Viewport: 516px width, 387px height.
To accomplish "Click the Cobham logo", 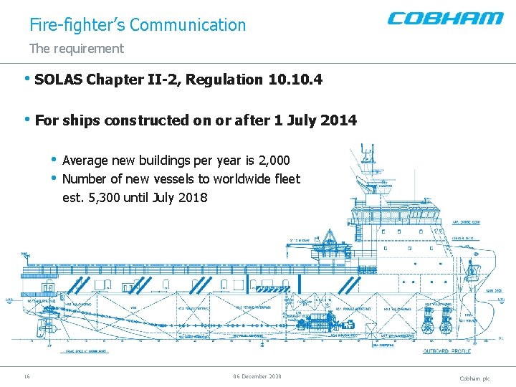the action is [445, 18].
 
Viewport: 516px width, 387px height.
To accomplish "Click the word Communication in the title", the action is [188, 25].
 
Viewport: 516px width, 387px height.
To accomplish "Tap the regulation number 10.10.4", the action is [295, 80].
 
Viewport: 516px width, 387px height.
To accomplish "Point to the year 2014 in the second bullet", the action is [338, 120].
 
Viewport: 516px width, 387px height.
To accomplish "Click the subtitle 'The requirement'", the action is [76, 49].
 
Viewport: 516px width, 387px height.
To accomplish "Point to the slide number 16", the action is [27, 376].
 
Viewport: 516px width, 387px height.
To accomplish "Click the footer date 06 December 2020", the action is [257, 376].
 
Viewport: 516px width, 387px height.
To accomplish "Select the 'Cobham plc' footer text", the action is [474, 378].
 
